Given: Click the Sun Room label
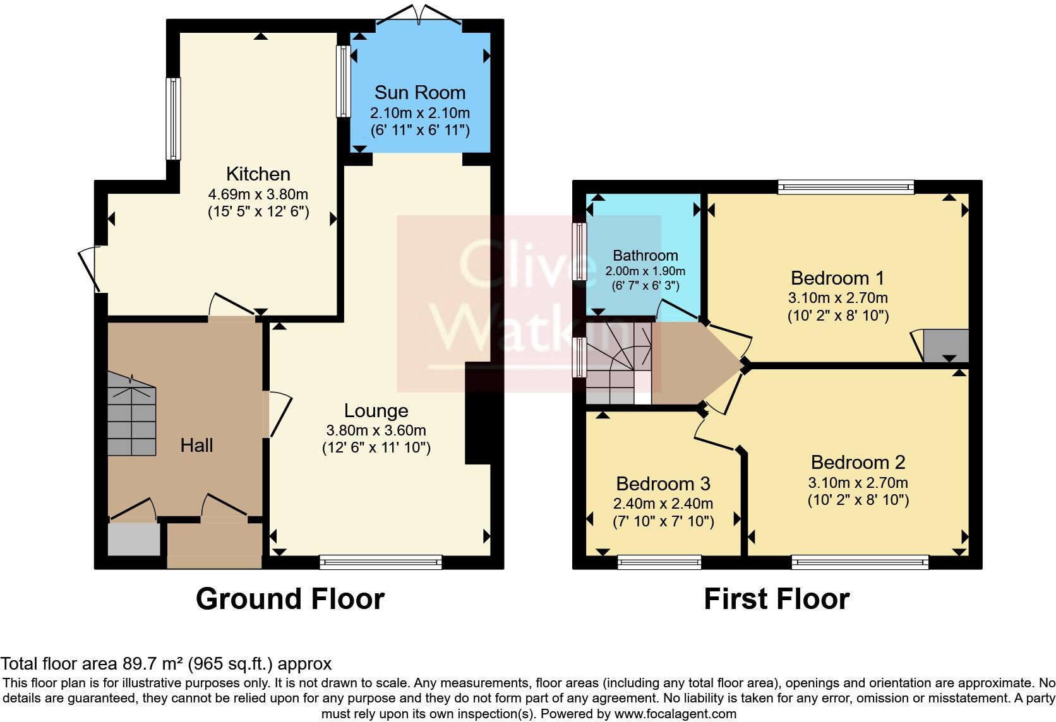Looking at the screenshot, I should [x=419, y=93].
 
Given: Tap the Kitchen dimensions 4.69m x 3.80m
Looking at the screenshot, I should [x=258, y=194].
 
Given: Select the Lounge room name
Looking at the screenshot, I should [x=376, y=411].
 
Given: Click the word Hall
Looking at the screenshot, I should [x=196, y=446].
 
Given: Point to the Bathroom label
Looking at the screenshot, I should [x=645, y=256].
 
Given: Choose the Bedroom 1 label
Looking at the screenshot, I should [x=837, y=278].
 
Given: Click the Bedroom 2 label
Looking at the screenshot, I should [x=858, y=463].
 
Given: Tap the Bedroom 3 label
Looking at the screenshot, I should [x=663, y=484].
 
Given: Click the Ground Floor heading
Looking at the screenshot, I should [x=290, y=598].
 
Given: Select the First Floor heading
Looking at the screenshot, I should [x=776, y=598].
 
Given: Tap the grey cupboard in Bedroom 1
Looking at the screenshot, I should [x=945, y=346].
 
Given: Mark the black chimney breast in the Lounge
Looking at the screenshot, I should [x=478, y=413].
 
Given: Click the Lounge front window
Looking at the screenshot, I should [x=381, y=562].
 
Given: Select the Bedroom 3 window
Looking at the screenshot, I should [x=659, y=562].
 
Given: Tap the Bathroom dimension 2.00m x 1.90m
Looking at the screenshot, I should [x=645, y=271].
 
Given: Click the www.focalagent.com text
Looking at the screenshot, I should [x=675, y=714].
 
